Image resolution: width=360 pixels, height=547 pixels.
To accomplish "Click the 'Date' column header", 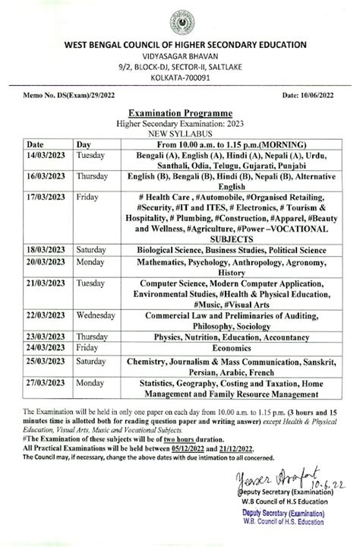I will pyautogui.click(x=36, y=143).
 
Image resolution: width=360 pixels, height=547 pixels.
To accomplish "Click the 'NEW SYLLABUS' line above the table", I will pyautogui.click(x=180, y=131).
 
